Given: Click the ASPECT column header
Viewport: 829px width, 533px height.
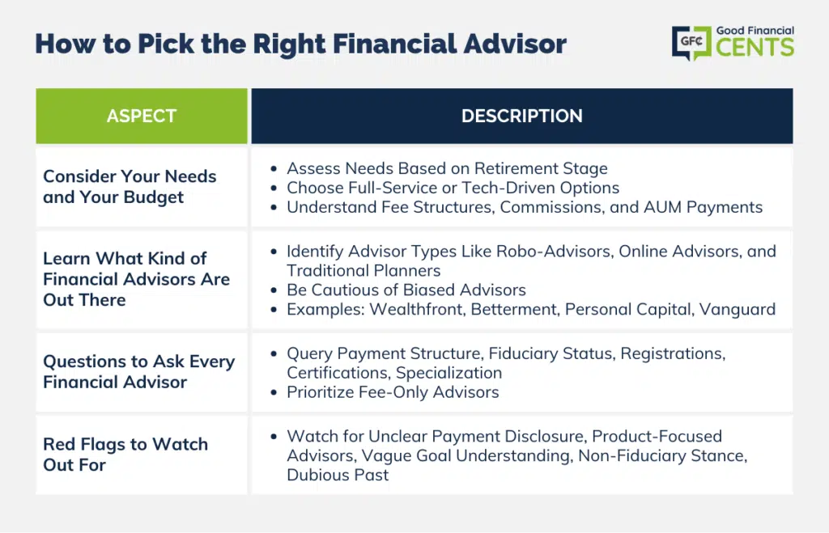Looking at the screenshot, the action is pyautogui.click(x=141, y=116).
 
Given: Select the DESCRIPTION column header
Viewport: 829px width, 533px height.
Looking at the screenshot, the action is pyautogui.click(x=522, y=116).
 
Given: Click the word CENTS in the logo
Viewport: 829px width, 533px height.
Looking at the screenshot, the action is pyautogui.click(x=755, y=47).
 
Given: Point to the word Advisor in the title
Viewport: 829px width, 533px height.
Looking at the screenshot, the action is pyautogui.click(x=515, y=44).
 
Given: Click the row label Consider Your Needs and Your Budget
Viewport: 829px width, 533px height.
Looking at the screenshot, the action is pyautogui.click(x=130, y=187).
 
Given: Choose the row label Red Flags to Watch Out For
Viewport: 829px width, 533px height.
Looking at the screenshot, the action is pyautogui.click(x=125, y=455).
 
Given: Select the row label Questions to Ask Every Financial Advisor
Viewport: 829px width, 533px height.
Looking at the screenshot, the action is pyautogui.click(x=139, y=371).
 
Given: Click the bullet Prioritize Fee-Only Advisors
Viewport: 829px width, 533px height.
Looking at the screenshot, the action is pyautogui.click(x=393, y=392).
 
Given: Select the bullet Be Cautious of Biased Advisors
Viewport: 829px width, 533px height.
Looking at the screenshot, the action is pyautogui.click(x=406, y=290).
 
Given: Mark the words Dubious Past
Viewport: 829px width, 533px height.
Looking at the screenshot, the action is pyautogui.click(x=338, y=475).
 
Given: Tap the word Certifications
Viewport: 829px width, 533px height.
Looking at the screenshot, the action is pyautogui.click(x=338, y=372).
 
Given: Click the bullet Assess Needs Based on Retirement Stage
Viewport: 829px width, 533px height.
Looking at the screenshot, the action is pyautogui.click(x=447, y=168).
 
